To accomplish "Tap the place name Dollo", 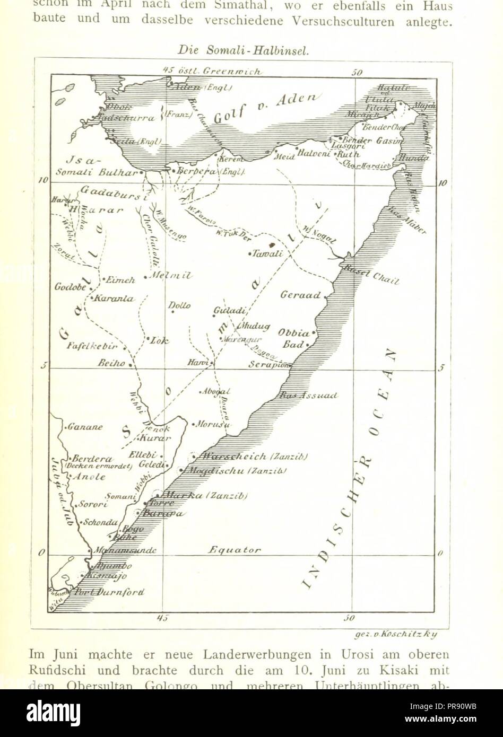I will [x=179, y=306].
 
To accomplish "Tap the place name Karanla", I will [x=114, y=299].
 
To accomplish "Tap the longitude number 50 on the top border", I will [x=357, y=72].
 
